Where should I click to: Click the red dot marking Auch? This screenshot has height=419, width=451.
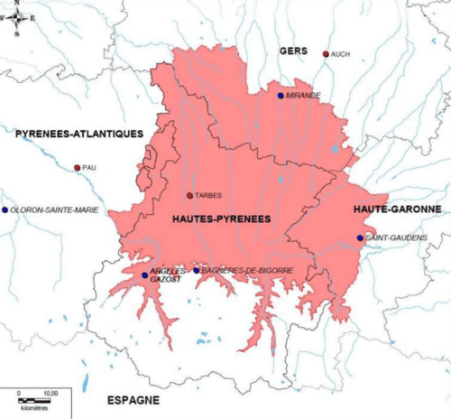[326, 54]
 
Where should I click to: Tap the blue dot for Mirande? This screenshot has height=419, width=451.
[281, 95]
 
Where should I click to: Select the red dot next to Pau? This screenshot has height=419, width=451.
[77, 167]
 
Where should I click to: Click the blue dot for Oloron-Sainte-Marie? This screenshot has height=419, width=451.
[5, 209]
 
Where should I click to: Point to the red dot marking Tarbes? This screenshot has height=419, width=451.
[189, 195]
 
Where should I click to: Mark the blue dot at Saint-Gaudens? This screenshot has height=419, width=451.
[360, 238]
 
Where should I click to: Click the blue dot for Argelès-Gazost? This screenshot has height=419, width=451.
[144, 275]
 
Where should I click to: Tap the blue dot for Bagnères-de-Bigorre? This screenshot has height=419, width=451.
[197, 270]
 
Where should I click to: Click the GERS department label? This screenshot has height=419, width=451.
[294, 51]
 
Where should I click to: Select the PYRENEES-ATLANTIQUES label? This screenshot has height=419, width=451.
[79, 134]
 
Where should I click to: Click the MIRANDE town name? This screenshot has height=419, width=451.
[303, 95]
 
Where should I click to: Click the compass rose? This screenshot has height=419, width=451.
[17, 17]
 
